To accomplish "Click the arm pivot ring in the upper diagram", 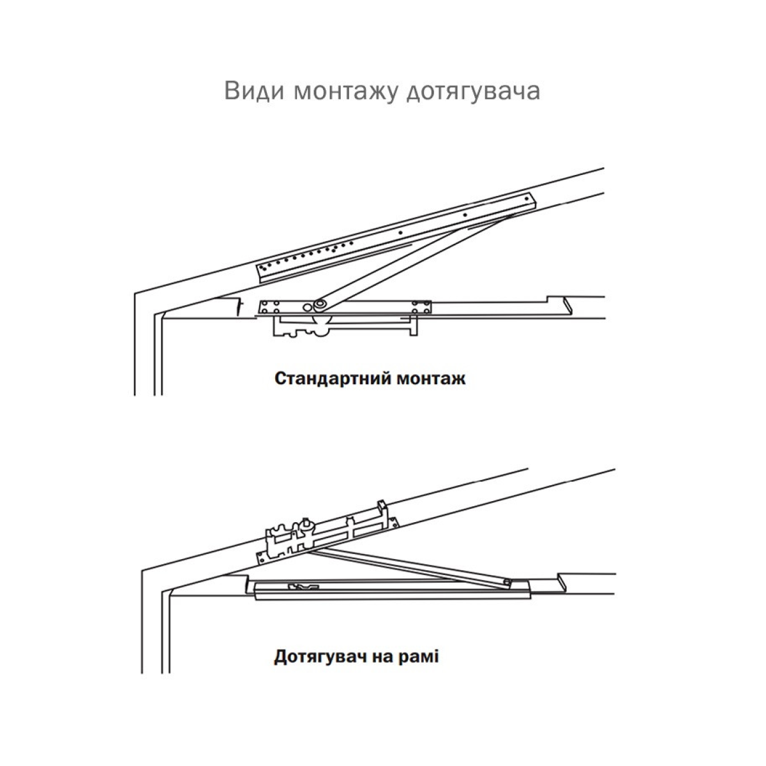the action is pyautogui.click(x=320, y=304).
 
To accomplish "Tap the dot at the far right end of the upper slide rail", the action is pyautogui.click(x=528, y=198).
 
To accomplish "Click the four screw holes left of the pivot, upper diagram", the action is pyautogui.click(x=270, y=306).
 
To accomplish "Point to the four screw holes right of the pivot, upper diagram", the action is pyautogui.click(x=421, y=306).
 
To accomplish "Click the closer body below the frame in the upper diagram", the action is pyautogui.click(x=345, y=327).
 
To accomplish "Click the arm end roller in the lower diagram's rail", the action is pyautogui.click(x=506, y=583).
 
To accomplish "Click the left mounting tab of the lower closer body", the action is pyautogui.click(x=262, y=558).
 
